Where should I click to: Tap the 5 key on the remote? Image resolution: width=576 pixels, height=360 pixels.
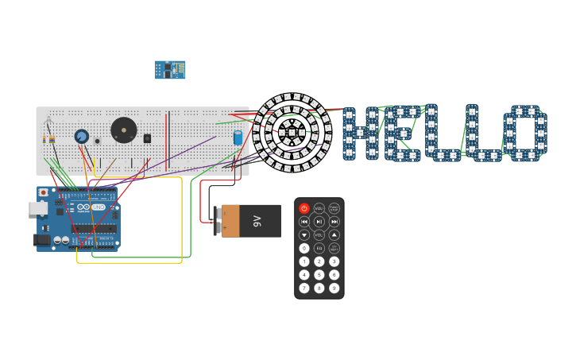tap(319, 275)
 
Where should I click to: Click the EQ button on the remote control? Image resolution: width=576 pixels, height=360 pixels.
tap(319, 248)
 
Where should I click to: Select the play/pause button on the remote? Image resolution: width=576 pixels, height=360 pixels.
tap(319, 222)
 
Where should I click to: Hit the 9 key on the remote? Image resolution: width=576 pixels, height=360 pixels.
tap(334, 288)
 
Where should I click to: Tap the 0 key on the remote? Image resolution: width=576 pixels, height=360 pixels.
tap(304, 248)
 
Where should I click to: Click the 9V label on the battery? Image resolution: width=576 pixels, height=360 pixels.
tap(257, 221)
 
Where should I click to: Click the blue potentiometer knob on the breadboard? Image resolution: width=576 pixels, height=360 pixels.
tap(81, 137)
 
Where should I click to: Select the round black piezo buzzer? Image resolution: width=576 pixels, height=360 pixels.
tap(123, 130)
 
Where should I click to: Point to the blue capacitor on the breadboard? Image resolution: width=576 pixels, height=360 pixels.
tap(238, 137)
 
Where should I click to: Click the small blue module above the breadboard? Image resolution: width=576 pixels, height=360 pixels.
tap(170, 70)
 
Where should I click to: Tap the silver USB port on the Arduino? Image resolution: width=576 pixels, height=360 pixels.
tap(38, 208)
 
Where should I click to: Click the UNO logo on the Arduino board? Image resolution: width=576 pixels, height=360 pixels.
tap(99, 207)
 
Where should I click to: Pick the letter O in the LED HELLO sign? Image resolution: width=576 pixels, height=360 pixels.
tap(525, 134)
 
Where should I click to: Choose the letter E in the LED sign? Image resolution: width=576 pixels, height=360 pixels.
tap(402, 134)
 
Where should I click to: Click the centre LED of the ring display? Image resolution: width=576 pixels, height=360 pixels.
tap(292, 133)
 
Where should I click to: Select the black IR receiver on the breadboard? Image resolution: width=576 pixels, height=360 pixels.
tap(147, 138)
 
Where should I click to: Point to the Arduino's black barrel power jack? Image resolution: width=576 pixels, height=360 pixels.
tap(42, 240)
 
